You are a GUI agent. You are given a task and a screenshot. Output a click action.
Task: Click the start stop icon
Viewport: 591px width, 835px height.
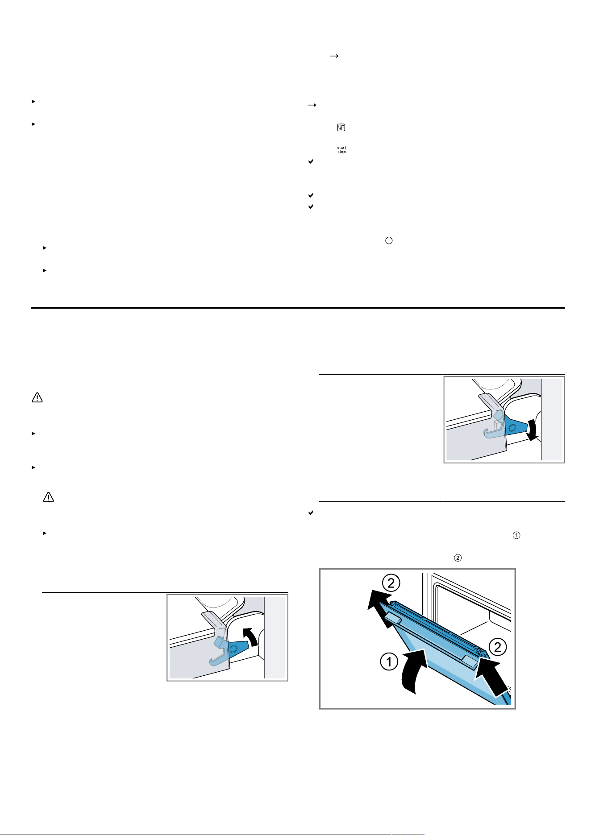click(x=341, y=150)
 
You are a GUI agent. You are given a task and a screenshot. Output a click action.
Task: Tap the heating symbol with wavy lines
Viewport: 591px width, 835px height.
click(x=341, y=128)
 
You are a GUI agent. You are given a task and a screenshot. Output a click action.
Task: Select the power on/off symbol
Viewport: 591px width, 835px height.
click(x=389, y=240)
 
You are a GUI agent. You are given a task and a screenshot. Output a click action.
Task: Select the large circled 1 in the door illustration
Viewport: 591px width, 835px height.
click(x=389, y=661)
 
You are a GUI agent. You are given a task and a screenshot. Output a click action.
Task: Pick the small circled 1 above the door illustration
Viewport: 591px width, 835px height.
click(x=517, y=535)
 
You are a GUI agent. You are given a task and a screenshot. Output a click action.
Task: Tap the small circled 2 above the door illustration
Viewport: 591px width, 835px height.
click(x=458, y=558)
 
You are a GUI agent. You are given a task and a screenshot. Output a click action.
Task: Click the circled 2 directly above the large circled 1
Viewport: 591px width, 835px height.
click(x=391, y=583)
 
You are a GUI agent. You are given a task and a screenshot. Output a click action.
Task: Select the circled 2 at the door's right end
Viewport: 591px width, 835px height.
click(x=498, y=647)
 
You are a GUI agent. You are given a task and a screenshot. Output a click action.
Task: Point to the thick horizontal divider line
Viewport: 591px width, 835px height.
click(x=298, y=308)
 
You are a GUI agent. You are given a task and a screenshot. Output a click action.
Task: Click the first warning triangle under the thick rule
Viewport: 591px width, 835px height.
click(x=37, y=397)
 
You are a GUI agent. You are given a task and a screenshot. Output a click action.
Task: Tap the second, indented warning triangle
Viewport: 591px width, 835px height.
click(x=48, y=497)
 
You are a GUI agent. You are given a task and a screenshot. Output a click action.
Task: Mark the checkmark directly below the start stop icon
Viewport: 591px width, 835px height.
click(x=311, y=161)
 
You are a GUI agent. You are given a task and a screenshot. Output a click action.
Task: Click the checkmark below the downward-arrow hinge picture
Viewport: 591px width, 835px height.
click(x=311, y=513)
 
